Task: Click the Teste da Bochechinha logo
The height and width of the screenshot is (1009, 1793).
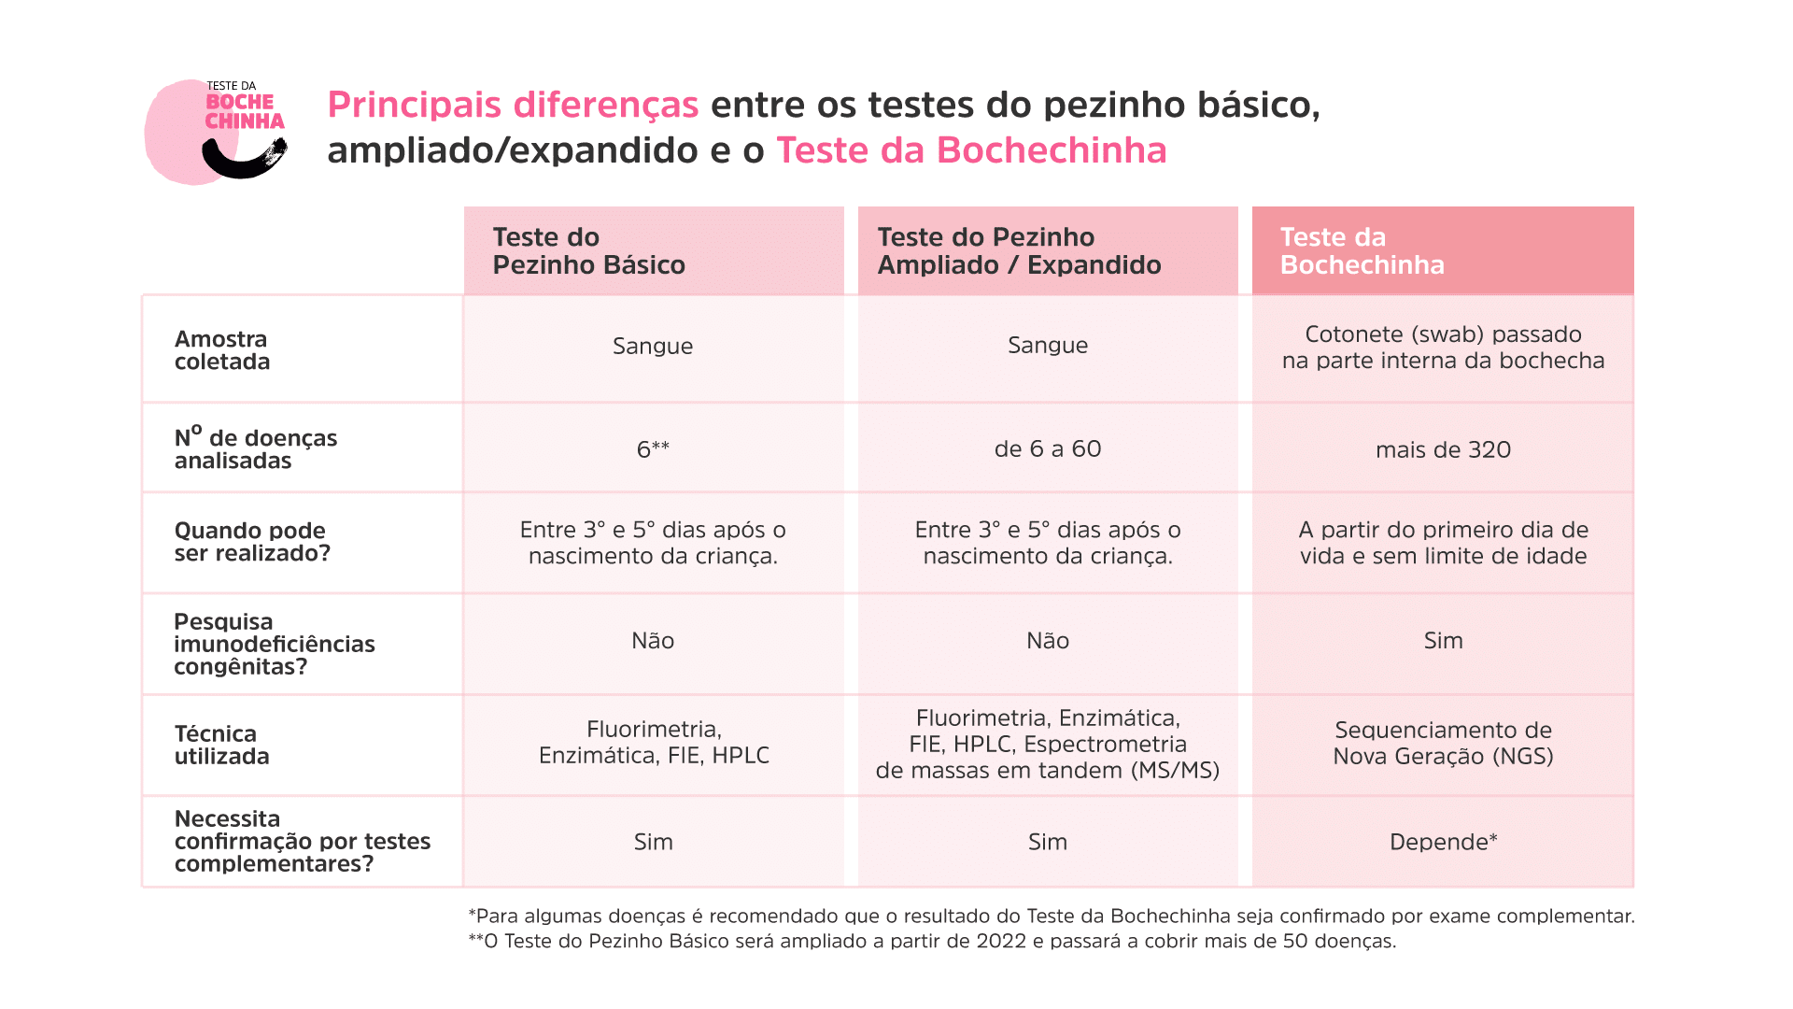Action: pyautogui.click(x=217, y=131)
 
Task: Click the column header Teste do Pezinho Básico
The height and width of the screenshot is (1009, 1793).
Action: pyautogui.click(x=588, y=251)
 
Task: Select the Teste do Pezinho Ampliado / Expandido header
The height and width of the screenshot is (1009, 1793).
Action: pyautogui.click(x=1019, y=251)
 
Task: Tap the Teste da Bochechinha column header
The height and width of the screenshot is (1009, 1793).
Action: pyautogui.click(x=1362, y=251)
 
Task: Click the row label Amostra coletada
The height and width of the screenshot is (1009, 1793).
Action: pyautogui.click(x=222, y=350)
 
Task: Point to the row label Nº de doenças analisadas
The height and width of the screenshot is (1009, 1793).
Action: pyautogui.click(x=255, y=448)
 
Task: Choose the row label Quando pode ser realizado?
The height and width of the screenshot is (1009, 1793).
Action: pyautogui.click(x=252, y=542)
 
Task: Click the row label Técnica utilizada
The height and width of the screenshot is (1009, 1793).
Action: pyautogui.click(x=221, y=745)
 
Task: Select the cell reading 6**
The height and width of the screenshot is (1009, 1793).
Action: pyautogui.click(x=653, y=449)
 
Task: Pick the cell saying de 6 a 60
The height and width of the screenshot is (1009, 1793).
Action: pyautogui.click(x=1048, y=449)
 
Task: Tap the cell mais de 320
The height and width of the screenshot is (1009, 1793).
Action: pyautogui.click(x=1443, y=450)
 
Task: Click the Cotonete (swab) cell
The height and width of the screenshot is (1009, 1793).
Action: pyautogui.click(x=1443, y=348)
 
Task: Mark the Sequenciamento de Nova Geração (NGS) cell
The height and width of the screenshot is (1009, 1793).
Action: pyautogui.click(x=1443, y=744)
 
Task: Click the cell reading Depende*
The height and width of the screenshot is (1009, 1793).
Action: pyautogui.click(x=1443, y=842)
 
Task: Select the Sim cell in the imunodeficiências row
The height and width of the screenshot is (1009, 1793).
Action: pyautogui.click(x=1443, y=641)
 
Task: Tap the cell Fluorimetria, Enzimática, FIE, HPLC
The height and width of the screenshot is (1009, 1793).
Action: pyautogui.click(x=654, y=743)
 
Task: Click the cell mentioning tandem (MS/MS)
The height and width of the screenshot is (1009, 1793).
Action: pyautogui.click(x=1048, y=745)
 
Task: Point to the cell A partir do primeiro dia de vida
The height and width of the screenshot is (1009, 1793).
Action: pyautogui.click(x=1443, y=543)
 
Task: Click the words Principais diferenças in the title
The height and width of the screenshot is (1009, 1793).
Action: pyautogui.click(x=513, y=105)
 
